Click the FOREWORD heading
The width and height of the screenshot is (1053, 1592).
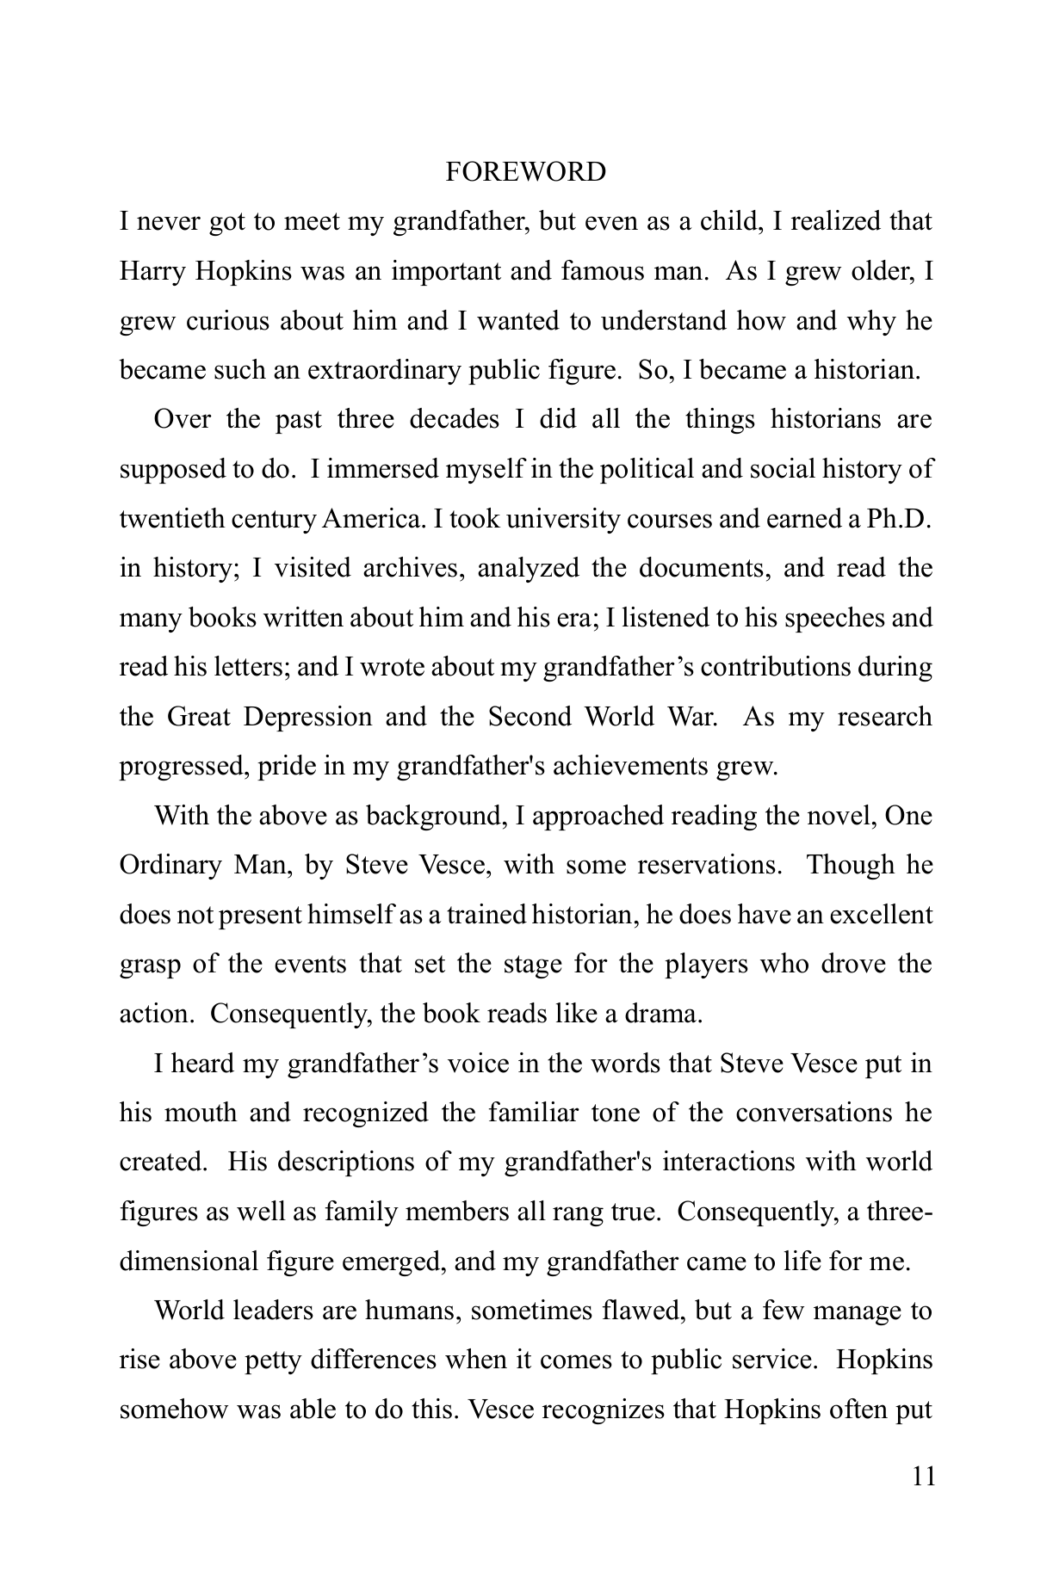(525, 172)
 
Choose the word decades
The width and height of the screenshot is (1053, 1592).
(454, 420)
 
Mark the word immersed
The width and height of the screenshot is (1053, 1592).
(373, 470)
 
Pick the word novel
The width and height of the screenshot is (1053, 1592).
(840, 816)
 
